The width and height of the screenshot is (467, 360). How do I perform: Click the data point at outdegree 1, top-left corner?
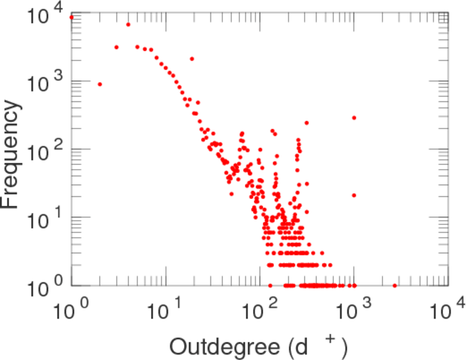[x=71, y=17]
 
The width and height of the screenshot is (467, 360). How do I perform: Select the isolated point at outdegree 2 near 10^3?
[x=100, y=84]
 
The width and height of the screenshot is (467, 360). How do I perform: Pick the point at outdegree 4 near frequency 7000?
[x=128, y=25]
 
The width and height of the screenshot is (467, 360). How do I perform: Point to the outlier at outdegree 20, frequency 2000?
[x=192, y=59]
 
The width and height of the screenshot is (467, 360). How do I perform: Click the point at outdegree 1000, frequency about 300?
[x=354, y=118]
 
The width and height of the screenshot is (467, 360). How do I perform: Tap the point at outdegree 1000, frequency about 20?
[x=354, y=195]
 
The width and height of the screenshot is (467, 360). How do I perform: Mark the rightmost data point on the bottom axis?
[x=394, y=286]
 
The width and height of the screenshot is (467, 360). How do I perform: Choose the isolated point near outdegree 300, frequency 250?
[x=306, y=123]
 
